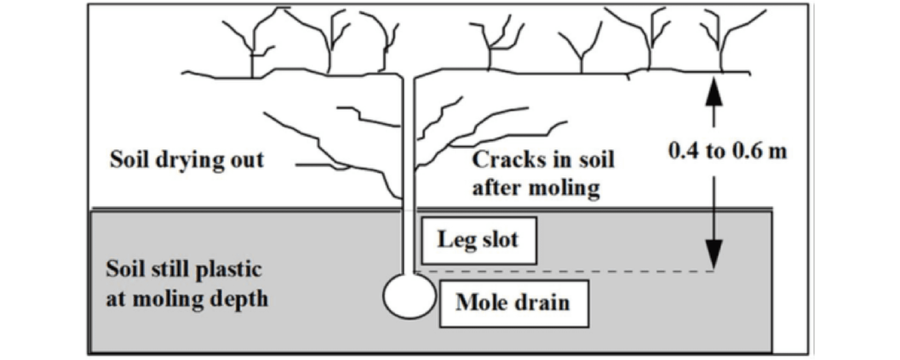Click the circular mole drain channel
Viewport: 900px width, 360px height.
pyautogui.click(x=409, y=296)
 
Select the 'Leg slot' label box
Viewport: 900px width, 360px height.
pyautogui.click(x=479, y=240)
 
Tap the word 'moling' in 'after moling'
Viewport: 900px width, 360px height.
pyautogui.click(x=564, y=188)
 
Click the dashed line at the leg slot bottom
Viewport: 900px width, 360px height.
pyautogui.click(x=562, y=271)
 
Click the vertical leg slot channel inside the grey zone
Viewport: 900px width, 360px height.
pyautogui.click(x=408, y=243)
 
